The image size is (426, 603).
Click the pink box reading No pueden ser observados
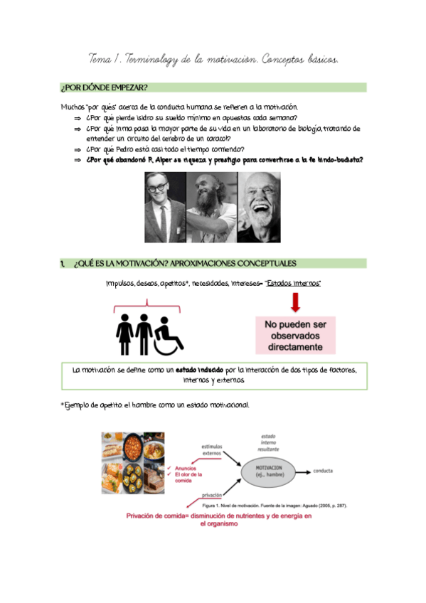(x=296, y=336)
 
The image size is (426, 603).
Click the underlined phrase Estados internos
(x=293, y=284)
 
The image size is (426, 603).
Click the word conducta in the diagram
(x=324, y=471)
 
